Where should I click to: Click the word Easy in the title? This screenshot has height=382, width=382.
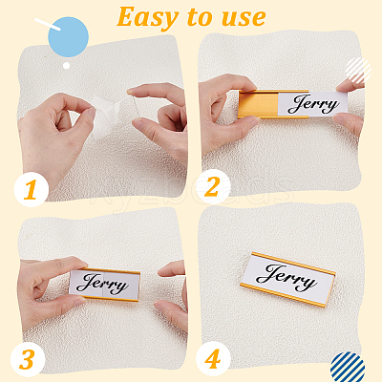tap(147, 18)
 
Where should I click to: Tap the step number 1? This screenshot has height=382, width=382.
tap(31, 190)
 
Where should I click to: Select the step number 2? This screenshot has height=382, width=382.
tap(212, 187)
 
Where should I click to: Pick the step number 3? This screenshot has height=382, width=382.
tap(27, 360)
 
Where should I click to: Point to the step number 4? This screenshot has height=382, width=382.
tap(213, 359)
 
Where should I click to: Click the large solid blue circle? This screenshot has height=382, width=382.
tap(68, 37)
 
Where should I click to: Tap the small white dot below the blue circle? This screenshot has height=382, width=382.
tap(66, 66)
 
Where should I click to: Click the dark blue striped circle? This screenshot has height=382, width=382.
tap(348, 369)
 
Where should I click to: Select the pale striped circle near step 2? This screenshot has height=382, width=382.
tap(358, 71)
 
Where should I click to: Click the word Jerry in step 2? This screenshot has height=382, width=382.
tap(313, 104)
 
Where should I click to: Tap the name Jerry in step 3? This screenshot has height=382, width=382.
tap(102, 284)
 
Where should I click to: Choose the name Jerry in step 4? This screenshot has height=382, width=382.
tap(286, 277)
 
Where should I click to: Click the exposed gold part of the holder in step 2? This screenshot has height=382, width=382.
tap(259, 104)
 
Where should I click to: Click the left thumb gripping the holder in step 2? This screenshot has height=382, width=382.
tap(236, 128)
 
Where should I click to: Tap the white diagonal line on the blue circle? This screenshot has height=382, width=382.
tap(48, 24)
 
